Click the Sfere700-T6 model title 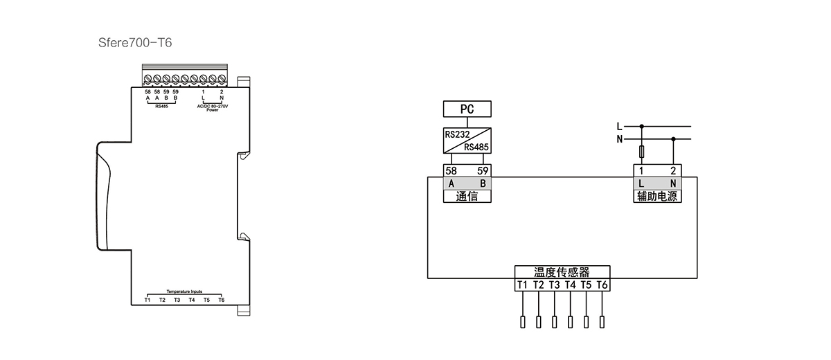[135, 43]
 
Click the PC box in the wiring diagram [467, 109]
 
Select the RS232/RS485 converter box [467, 141]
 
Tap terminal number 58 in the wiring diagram [451, 171]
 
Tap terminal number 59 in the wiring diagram [483, 171]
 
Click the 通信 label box [467, 196]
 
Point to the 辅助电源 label [657, 196]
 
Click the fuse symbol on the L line [641, 152]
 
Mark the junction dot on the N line [673, 139]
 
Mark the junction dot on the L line [641, 127]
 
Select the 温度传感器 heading [562, 273]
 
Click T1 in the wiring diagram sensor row [522, 285]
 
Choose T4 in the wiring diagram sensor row [570, 285]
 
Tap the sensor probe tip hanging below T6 [602, 322]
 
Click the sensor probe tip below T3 [554, 322]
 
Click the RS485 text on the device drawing [161, 107]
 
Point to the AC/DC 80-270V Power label [212, 108]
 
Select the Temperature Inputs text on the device [184, 291]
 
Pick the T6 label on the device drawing [222, 300]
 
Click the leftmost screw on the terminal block [148, 79]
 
